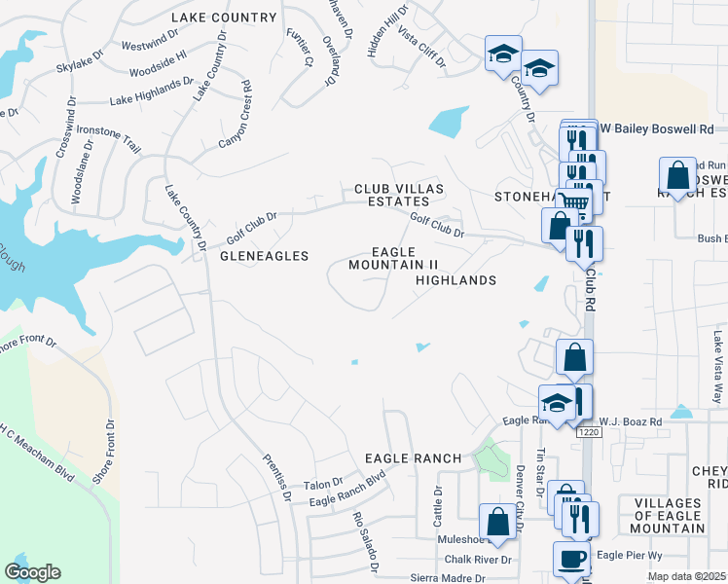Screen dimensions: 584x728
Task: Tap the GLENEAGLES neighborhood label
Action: (264, 256)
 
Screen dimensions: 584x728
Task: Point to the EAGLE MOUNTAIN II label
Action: (394, 258)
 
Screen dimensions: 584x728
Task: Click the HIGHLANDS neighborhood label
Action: (455, 280)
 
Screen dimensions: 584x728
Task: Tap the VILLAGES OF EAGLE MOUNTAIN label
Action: (667, 515)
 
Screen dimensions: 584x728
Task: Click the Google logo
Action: (33, 572)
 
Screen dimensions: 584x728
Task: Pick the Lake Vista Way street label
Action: (718, 354)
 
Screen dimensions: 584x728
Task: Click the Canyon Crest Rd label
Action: (235, 123)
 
